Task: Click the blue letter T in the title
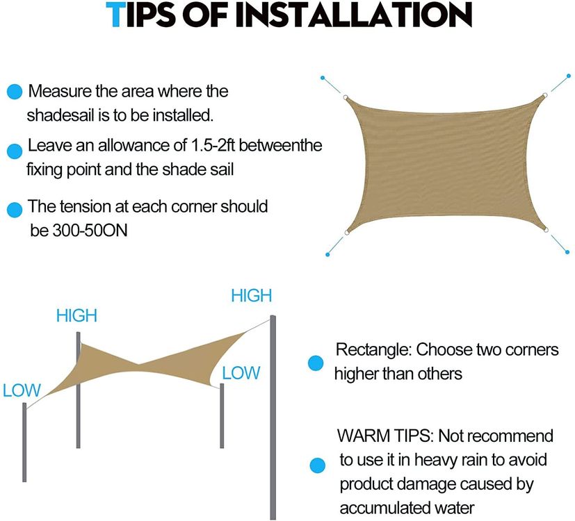pyautogui.click(x=116, y=15)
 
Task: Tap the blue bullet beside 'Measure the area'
pyautogui.click(x=15, y=91)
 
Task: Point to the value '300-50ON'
pyautogui.click(x=90, y=231)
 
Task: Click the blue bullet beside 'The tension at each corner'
pyautogui.click(x=15, y=210)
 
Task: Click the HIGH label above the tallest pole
pyautogui.click(x=252, y=296)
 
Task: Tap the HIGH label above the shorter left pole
pyautogui.click(x=76, y=315)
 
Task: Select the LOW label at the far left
pyautogui.click(x=22, y=390)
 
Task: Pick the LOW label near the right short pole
pyautogui.click(x=241, y=373)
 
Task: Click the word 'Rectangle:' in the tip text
pyautogui.click(x=374, y=349)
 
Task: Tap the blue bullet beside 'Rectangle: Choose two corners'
pyautogui.click(x=316, y=363)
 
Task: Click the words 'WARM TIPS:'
pyautogui.click(x=385, y=436)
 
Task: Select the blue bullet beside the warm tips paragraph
pyautogui.click(x=317, y=465)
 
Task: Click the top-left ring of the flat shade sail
pyautogui.click(x=346, y=97)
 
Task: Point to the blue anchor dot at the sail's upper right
pyautogui.click(x=569, y=76)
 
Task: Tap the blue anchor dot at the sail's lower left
pyautogui.click(x=327, y=255)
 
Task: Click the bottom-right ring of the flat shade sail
pyautogui.click(x=546, y=230)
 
